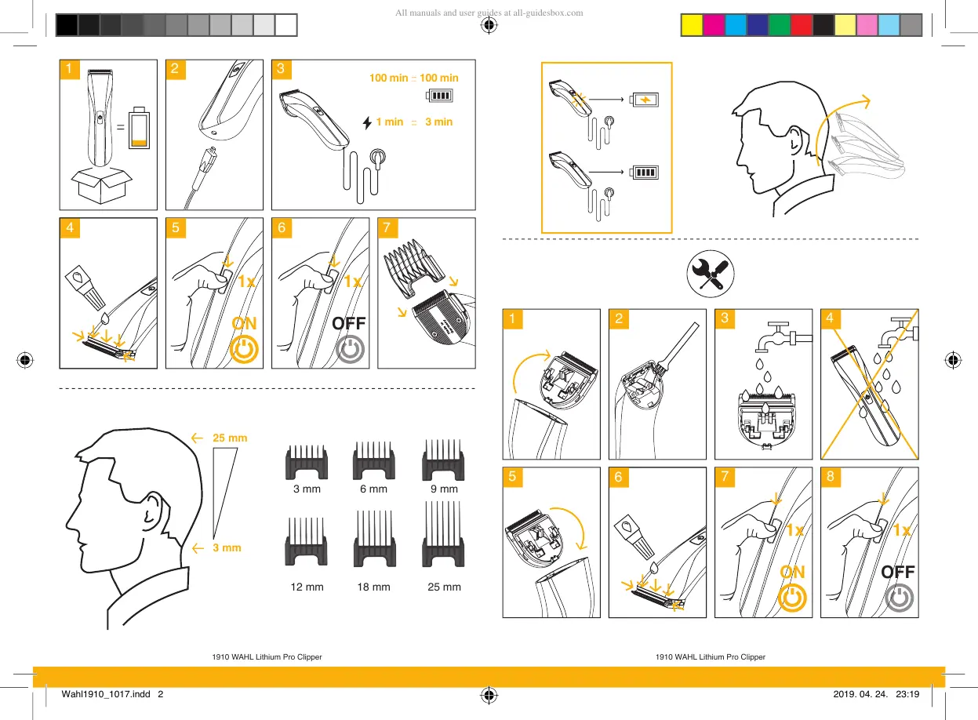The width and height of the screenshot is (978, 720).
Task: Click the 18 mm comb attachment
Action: [x=373, y=540]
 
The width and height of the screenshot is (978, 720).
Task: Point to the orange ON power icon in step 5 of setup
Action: [x=245, y=350]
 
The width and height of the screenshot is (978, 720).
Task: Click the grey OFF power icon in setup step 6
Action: [x=350, y=350]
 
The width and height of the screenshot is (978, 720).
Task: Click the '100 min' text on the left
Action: [x=388, y=78]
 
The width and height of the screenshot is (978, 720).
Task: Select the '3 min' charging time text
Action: [x=438, y=122]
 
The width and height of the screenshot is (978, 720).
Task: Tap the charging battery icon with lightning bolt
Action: [x=645, y=100]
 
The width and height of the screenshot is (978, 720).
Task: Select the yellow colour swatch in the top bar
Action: [x=691, y=26]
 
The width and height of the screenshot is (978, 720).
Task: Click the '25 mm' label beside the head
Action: [x=230, y=438]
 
